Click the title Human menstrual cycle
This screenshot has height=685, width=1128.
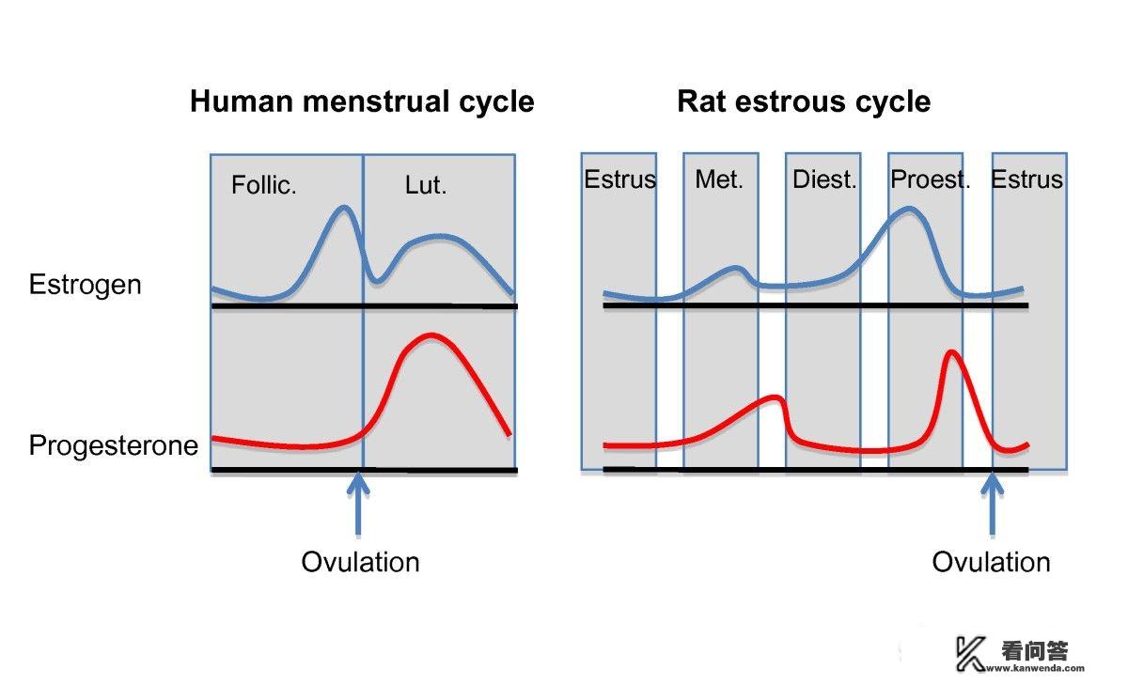coord(362,101)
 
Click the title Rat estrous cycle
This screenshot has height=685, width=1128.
coord(804,101)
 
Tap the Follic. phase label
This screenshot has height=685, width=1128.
coord(264,186)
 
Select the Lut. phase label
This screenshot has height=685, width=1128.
coord(426,185)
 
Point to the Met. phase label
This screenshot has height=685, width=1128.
coord(719,179)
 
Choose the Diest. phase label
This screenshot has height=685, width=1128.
coord(824,179)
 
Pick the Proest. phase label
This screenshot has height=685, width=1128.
coord(930,179)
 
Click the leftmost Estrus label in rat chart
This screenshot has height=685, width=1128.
coord(619,179)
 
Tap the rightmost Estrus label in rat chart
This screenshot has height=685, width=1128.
coord(1026,179)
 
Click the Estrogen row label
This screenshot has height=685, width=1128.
coord(85,285)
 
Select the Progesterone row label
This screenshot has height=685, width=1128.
coord(114,444)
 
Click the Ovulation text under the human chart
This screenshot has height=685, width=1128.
coord(360,562)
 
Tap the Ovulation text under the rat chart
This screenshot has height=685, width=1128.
coord(991,562)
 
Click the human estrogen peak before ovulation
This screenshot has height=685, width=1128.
coord(344,208)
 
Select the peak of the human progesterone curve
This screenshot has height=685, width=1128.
coord(430,335)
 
